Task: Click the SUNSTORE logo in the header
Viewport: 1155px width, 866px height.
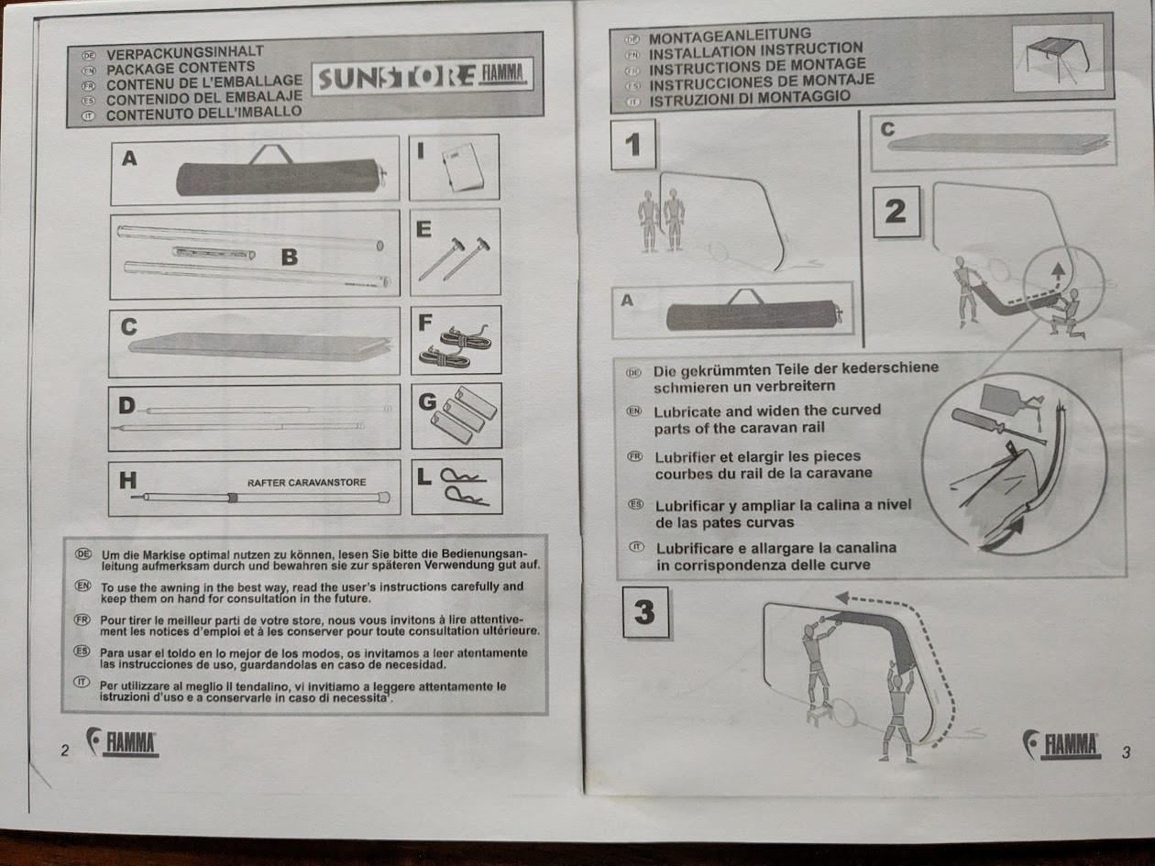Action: click(397, 78)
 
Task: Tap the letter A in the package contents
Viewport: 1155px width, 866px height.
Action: click(129, 158)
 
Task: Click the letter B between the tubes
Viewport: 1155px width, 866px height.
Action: click(290, 258)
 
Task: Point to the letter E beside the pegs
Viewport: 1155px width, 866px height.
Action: click(423, 229)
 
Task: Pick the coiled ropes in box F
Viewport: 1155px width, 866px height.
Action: click(456, 346)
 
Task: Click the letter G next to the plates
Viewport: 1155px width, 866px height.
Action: click(427, 402)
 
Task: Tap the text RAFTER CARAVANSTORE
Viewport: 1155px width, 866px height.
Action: click(307, 482)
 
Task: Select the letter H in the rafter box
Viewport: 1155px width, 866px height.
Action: click(127, 480)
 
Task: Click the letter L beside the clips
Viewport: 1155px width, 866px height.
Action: click(424, 477)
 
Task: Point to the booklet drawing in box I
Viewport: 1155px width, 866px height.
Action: click(463, 168)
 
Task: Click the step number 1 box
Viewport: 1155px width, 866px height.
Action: click(633, 144)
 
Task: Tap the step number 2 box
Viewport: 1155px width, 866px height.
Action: click(896, 212)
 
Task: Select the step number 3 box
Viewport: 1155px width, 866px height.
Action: click(645, 612)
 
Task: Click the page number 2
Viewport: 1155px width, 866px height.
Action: click(65, 751)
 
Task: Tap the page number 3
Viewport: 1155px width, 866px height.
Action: click(1126, 753)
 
